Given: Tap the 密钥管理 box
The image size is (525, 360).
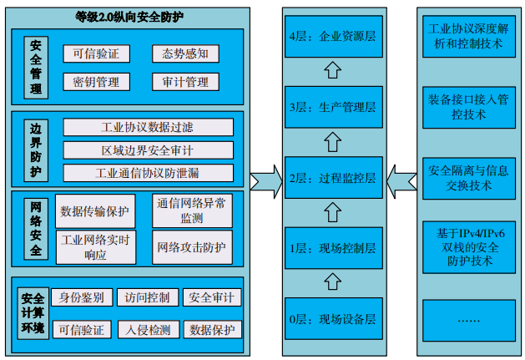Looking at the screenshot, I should [96, 82].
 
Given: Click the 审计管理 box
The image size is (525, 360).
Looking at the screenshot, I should [185, 82].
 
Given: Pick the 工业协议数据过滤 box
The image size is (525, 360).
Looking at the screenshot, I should [149, 128].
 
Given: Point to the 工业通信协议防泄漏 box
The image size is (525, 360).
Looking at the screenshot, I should [149, 174].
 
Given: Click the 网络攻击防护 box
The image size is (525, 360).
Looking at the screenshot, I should [191, 247].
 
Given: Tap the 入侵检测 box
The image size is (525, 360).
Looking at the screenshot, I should [149, 330].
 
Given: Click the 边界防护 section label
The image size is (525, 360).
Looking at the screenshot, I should [35, 150].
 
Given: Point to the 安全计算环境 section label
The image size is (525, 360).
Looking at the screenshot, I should [33, 313].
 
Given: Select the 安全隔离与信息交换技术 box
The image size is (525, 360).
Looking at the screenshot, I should [467, 178].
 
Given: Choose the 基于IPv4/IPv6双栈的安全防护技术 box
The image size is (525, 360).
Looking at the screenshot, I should [467, 247].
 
